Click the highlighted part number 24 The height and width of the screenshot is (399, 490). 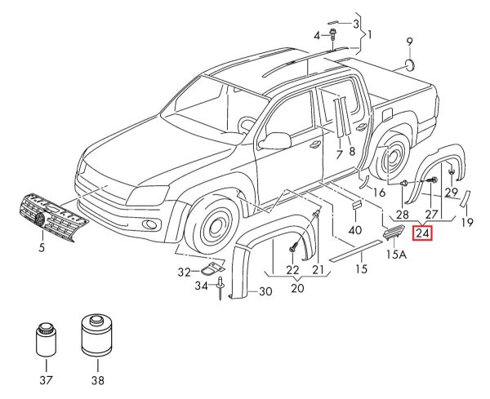[423, 234]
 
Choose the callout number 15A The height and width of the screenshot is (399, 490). [395, 255]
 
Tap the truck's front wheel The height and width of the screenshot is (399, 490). [218, 226]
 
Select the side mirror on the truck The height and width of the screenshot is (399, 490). [275, 140]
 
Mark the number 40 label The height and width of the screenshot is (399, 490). [354, 230]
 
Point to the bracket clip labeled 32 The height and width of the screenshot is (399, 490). [213, 268]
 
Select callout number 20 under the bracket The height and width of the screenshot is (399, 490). [295, 287]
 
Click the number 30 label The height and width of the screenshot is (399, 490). [265, 291]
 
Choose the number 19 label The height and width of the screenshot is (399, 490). [467, 221]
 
